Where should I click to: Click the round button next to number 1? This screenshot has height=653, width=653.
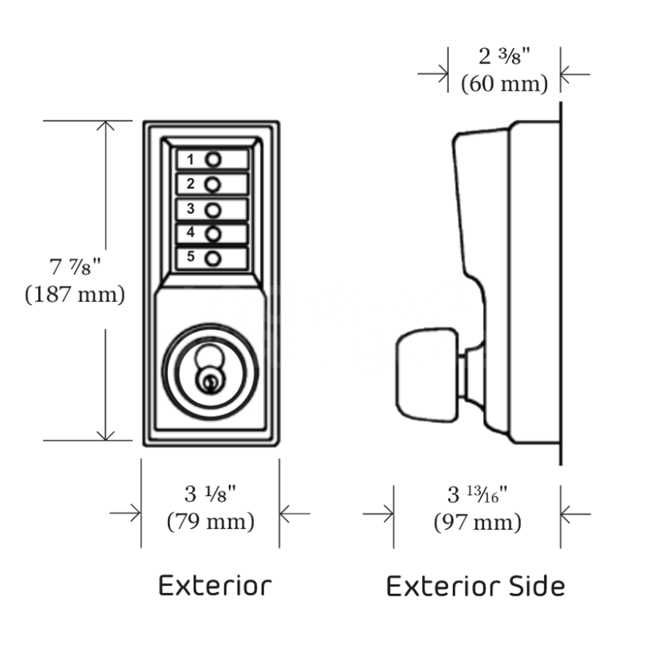tap(213, 160)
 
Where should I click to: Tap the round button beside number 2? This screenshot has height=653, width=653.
tap(213, 185)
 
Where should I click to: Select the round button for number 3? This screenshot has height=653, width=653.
tap(213, 210)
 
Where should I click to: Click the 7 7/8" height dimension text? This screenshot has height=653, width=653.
tap(76, 267)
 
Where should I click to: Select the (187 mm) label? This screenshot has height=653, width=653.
tap(75, 294)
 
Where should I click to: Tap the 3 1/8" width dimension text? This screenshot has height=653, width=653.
tap(210, 494)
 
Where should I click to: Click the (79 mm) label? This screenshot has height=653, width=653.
tap(211, 521)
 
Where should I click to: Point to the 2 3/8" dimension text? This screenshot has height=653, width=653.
tap(504, 57)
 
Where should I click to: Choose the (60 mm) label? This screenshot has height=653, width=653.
tap(504, 84)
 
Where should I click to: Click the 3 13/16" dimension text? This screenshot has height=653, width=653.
tap(477, 495)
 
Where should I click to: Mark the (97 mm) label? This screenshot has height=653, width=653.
tap(477, 522)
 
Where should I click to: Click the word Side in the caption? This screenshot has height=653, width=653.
tap(536, 587)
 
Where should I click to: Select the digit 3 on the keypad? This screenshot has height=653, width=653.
tap(190, 208)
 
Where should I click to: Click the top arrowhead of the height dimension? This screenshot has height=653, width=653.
tap(105, 125)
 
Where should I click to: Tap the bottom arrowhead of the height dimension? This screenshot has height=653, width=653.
tap(105, 435)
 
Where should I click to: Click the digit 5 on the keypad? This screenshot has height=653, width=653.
tap(190, 256)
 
